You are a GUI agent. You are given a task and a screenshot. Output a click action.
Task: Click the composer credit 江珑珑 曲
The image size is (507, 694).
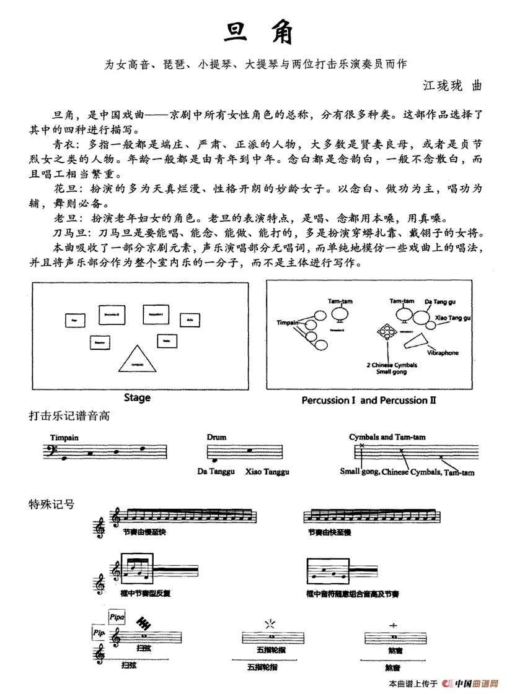coord(451,85)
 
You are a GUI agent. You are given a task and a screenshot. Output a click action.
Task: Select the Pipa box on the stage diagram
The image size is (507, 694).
coord(74,320)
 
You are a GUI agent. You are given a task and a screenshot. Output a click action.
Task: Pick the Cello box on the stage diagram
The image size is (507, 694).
coord(190,320)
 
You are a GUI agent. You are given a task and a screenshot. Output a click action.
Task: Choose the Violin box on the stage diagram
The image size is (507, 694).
coord(167,340)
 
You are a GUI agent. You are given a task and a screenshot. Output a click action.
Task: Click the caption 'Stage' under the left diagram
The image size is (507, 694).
coord(137,397)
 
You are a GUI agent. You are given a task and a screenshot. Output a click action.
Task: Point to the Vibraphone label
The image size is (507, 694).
coord(443,353)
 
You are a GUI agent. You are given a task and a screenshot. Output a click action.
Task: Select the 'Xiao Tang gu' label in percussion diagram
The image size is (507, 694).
coord(453,318)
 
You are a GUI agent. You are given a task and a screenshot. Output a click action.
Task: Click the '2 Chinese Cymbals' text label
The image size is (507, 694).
coord(391,365)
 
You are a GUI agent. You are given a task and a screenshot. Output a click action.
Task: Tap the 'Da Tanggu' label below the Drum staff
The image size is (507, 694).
coord(216,472)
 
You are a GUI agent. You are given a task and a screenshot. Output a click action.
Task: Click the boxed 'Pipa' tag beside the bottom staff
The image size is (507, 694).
coord(117,616)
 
